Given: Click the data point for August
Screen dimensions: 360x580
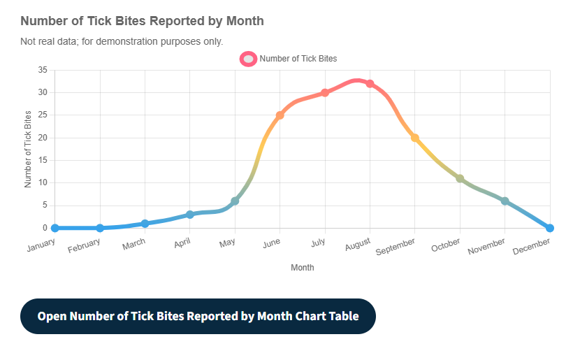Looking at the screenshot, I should (x=370, y=84).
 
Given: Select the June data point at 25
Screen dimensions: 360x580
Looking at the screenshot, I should (x=280, y=115).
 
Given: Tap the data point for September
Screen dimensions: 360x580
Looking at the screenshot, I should (x=415, y=138).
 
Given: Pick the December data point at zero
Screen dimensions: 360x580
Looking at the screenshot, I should (x=550, y=228).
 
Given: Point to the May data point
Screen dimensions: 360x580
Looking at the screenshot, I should (x=235, y=201).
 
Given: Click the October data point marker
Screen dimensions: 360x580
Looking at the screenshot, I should (x=460, y=178).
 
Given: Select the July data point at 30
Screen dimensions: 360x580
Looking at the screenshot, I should (x=325, y=92).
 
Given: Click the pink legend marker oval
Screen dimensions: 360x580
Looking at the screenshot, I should (x=248, y=59).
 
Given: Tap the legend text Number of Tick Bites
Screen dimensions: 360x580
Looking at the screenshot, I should (x=298, y=59).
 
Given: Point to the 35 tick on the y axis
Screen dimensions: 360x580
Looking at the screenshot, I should (x=43, y=70).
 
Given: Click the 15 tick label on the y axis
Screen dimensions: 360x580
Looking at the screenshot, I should (x=43, y=160).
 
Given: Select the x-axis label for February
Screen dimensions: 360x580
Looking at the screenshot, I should (x=84, y=245).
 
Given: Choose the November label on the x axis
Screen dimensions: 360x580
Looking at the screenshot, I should (x=486, y=246).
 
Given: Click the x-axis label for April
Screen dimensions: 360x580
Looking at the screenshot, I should (x=182, y=243).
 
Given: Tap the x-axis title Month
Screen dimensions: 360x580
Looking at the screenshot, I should (x=303, y=267).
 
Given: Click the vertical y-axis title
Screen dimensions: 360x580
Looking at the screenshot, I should (x=29, y=149).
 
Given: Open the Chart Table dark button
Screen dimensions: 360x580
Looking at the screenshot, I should (x=198, y=316).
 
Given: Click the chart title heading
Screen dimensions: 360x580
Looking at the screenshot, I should (x=142, y=21).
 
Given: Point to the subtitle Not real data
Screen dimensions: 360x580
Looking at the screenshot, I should (x=122, y=41).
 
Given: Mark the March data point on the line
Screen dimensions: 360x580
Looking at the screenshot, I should (x=145, y=224).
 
